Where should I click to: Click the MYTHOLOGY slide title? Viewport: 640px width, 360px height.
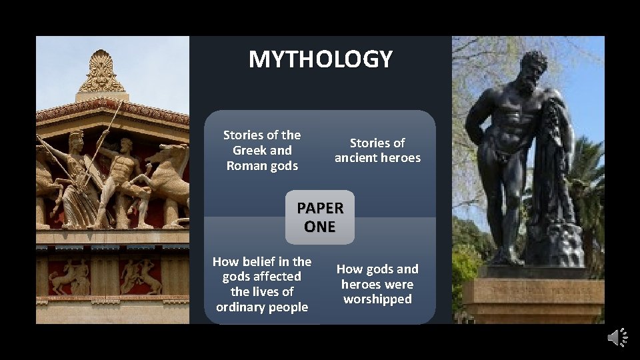click(320, 59)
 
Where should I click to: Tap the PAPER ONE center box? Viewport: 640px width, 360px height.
click(320, 217)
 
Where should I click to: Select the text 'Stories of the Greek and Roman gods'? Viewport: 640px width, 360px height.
click(262, 151)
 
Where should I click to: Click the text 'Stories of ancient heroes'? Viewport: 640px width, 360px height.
click(377, 151)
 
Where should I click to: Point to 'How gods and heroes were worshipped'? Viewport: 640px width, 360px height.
click(377, 284)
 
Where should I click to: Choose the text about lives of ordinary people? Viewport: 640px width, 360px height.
click(262, 284)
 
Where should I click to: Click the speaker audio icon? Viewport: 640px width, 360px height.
click(617, 337)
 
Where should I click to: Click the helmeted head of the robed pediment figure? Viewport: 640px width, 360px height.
click(76, 141)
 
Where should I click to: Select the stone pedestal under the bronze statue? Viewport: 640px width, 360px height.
click(533, 293)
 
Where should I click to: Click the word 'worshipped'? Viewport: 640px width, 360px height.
click(377, 299)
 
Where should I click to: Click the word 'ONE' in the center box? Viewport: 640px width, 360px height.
click(320, 227)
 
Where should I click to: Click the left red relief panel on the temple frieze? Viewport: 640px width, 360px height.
click(69, 277)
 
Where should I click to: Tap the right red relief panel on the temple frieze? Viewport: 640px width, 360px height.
click(141, 277)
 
